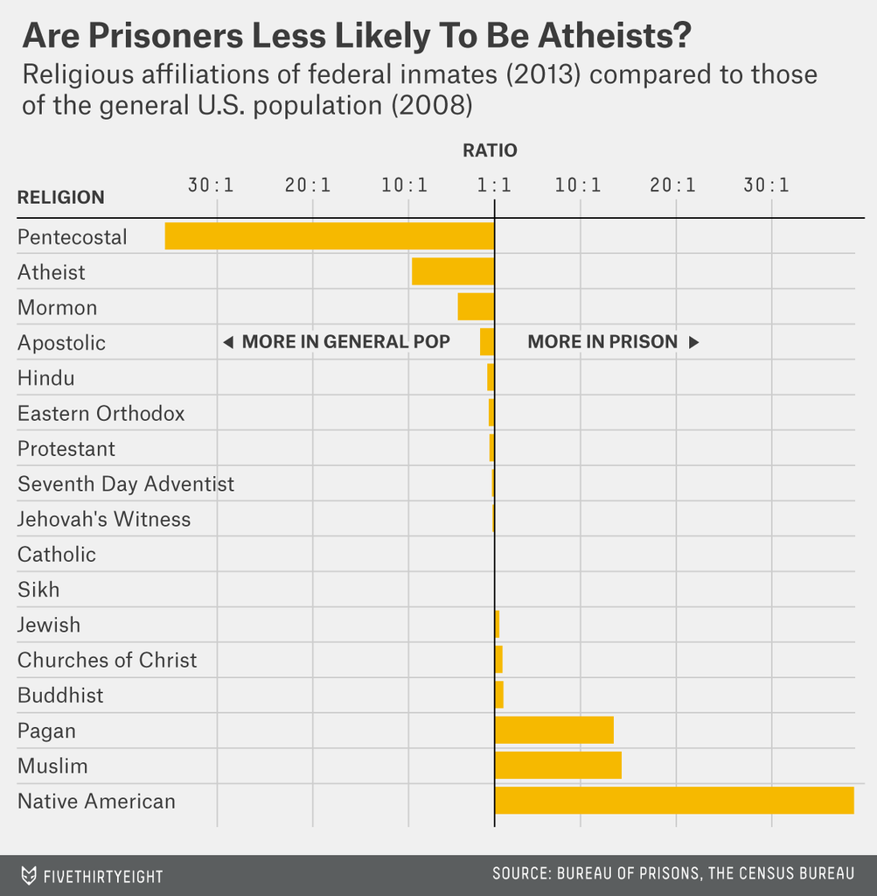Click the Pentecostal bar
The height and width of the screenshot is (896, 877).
click(330, 236)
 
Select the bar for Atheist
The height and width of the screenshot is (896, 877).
click(453, 271)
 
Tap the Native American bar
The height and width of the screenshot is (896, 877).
click(674, 801)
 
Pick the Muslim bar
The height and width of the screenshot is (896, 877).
click(558, 765)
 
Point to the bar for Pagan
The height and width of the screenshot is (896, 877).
click(554, 730)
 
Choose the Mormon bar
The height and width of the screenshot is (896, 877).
click(476, 306)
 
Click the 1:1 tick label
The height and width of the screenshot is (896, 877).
click(494, 185)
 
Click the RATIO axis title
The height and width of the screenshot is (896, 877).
click(490, 150)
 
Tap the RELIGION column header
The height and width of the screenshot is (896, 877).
click(61, 198)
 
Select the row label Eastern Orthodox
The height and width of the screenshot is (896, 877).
click(101, 413)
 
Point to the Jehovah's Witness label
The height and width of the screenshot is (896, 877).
click(104, 519)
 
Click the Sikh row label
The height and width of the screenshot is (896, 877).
click(38, 590)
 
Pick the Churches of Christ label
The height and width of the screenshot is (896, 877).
click(108, 660)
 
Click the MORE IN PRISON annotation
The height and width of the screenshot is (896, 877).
click(603, 342)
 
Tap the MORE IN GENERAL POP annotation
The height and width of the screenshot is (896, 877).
click(345, 342)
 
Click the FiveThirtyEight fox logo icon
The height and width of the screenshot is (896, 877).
click(29, 875)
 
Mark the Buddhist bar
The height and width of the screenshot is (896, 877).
click(499, 695)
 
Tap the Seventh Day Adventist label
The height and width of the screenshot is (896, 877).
click(126, 484)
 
